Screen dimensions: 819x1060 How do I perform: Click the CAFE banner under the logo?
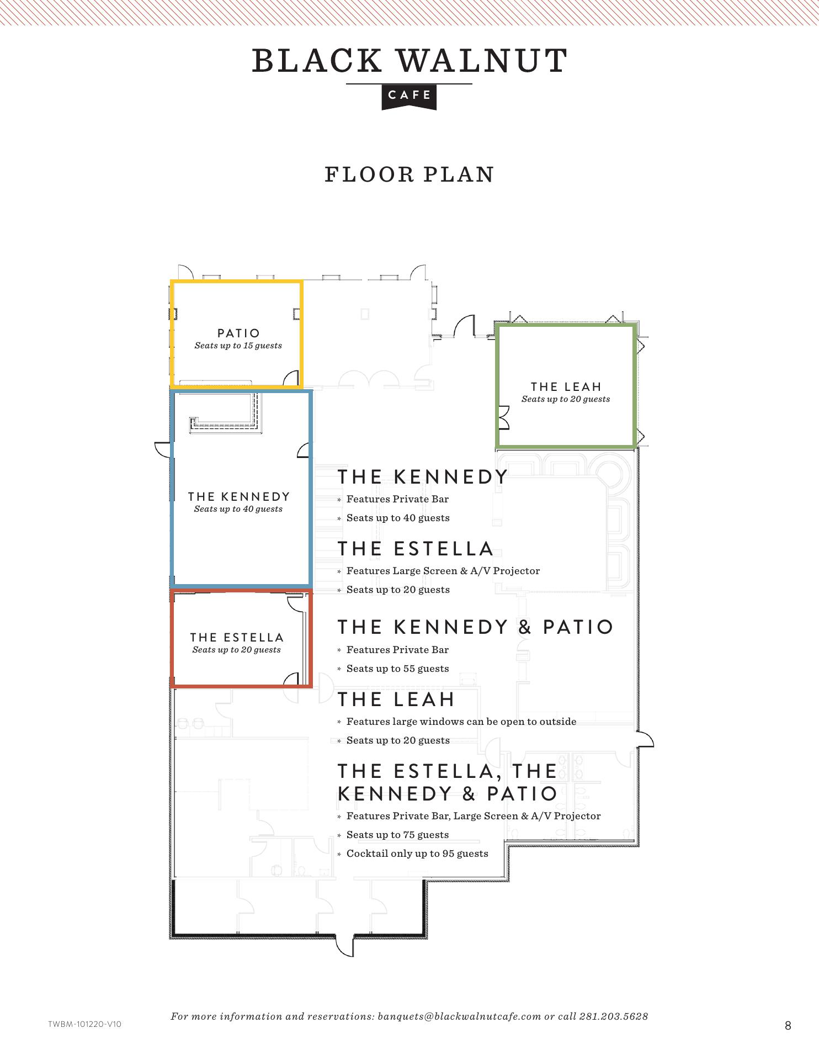tap(409, 97)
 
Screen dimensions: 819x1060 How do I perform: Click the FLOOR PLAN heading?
tap(409, 174)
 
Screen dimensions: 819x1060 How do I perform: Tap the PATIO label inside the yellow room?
tap(238, 333)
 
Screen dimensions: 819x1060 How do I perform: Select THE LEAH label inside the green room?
tap(566, 386)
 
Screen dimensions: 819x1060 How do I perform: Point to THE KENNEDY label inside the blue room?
tap(238, 496)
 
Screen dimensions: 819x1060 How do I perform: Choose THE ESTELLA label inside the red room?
tap(237, 637)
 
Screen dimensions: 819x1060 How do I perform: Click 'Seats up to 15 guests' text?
tap(238, 346)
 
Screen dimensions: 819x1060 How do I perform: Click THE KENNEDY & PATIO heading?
tap(475, 627)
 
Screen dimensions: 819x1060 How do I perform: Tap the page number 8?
tap(788, 1026)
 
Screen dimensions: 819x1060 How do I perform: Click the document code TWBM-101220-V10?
tap(84, 1024)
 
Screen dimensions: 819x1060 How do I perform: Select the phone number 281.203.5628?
tap(614, 1016)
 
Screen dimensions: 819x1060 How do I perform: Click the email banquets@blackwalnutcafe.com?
tap(459, 1016)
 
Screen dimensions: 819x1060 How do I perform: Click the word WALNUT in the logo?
tap(482, 61)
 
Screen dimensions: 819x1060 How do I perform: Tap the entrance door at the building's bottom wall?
tap(345, 945)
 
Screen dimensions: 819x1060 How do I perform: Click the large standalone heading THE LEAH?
tap(396, 699)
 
